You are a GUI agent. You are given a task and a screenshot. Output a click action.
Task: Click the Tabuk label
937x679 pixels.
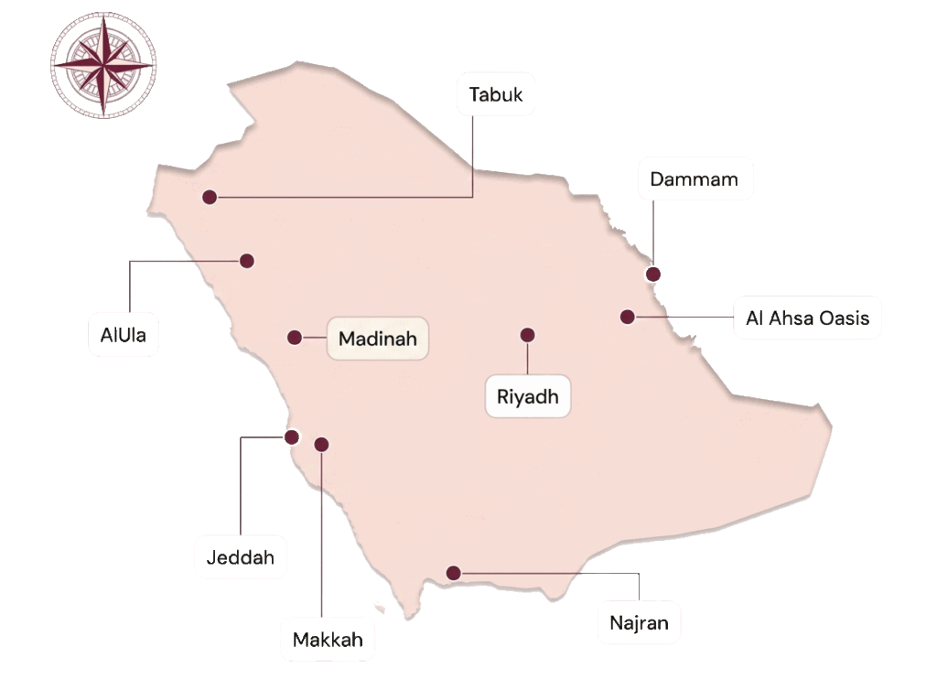pos(496,94)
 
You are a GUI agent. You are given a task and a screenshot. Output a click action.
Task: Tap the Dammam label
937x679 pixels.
pos(694,179)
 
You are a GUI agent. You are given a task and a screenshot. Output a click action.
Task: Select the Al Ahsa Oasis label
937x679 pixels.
pos(807,318)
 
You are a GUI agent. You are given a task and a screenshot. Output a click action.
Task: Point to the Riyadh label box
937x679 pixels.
pos(528,397)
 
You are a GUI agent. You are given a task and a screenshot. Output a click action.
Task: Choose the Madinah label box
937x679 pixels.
pos(377,339)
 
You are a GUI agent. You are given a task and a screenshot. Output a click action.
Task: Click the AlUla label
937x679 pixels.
pos(124,335)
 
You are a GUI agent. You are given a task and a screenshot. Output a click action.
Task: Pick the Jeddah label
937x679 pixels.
pos(241,557)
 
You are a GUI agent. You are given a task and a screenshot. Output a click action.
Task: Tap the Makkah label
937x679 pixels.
pos(328,640)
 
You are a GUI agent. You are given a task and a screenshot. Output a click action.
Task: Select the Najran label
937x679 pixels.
pos(639,624)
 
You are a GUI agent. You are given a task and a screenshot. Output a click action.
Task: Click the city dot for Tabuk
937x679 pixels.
pos(210,197)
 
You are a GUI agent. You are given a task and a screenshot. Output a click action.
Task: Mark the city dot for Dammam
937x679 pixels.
pos(653,274)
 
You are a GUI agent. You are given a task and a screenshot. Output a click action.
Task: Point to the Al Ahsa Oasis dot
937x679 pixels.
pos(627,317)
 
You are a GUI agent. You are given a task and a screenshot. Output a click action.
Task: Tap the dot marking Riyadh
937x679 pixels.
pos(527,334)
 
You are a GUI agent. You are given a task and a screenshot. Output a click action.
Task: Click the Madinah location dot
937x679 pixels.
pos(295,338)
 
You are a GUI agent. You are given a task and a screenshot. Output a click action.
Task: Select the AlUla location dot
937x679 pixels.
pos(246,261)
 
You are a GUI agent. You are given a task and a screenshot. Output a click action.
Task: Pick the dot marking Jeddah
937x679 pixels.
pos(291,436)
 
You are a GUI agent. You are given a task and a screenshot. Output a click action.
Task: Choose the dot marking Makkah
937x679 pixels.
pos(321,445)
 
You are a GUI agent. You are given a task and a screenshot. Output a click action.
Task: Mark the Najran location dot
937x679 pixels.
pos(453,573)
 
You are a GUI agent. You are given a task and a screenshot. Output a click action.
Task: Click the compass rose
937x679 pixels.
pos(102,65)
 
